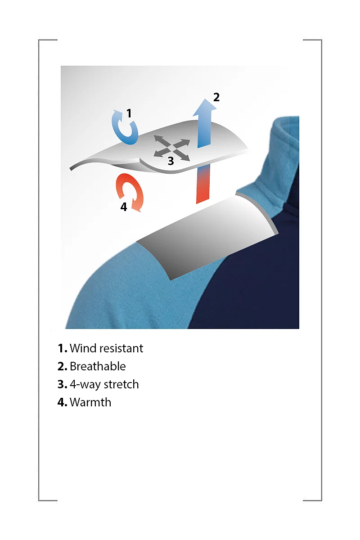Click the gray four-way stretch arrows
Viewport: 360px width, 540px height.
point(172,148)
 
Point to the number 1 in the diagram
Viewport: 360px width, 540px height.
point(129,113)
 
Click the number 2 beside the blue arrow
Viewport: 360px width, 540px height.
point(216,97)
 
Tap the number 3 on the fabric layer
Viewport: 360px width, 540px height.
point(171,161)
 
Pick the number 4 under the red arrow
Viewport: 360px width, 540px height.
point(124,207)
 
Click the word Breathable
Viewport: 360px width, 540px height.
point(98,366)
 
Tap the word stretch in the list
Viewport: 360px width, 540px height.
point(121,384)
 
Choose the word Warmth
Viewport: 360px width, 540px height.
point(90,402)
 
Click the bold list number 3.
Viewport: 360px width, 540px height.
point(62,384)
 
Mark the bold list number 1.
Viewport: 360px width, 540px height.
point(62,349)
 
